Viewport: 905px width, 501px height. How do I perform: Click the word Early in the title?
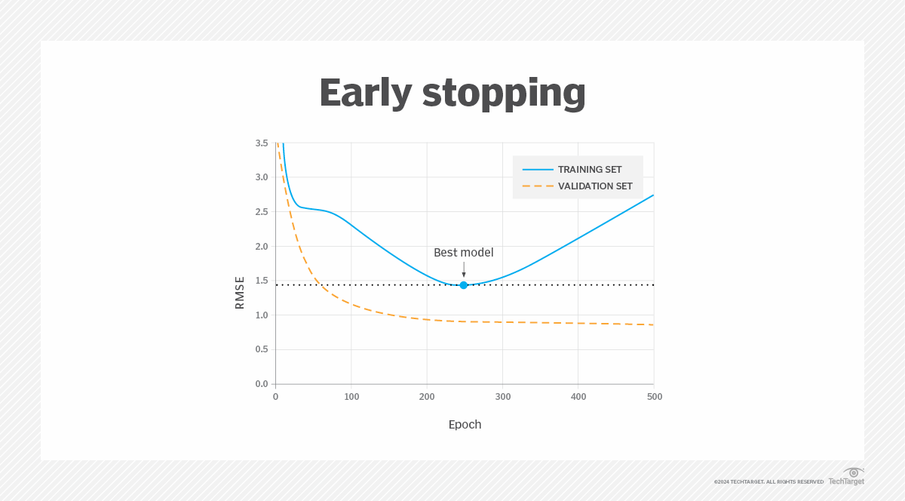click(365, 94)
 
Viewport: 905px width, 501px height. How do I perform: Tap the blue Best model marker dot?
click(464, 285)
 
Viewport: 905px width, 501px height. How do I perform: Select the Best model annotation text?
click(464, 253)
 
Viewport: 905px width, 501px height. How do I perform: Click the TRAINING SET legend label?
click(590, 170)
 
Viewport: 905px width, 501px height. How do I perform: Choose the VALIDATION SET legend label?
click(595, 186)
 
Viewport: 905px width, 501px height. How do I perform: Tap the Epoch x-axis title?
click(465, 424)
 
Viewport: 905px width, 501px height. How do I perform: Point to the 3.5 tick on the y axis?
click(262, 143)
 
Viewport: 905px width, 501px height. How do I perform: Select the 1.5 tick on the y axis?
click(262, 281)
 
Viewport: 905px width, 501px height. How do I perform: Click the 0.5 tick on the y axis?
click(262, 349)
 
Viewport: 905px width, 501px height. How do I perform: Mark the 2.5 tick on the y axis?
click(262, 212)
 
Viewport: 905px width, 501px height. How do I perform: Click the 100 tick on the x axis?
click(351, 397)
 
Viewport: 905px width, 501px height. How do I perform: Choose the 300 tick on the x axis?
click(503, 397)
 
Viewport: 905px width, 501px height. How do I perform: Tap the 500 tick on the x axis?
click(654, 397)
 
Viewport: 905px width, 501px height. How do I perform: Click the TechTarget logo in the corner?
click(847, 477)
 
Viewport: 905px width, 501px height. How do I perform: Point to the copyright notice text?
click(768, 481)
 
